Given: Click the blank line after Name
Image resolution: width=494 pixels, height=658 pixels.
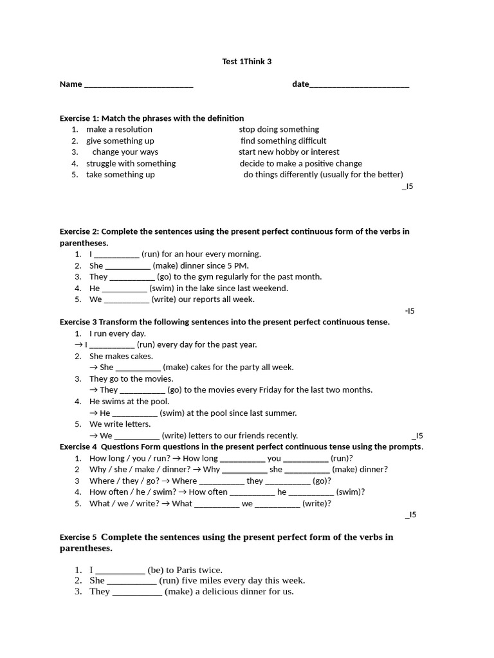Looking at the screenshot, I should [x=138, y=85].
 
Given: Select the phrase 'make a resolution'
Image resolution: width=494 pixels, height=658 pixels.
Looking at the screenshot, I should [x=119, y=129].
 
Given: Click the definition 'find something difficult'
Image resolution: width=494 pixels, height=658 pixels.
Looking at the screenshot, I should [x=284, y=141].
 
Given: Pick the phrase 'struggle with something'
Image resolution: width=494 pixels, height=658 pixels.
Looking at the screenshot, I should [x=131, y=163].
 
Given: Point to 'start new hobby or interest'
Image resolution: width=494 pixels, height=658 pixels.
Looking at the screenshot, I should [x=289, y=152].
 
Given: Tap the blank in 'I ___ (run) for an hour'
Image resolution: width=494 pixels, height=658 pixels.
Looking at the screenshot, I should [x=116, y=254].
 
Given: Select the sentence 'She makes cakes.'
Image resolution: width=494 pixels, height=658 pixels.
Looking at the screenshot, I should [x=121, y=356].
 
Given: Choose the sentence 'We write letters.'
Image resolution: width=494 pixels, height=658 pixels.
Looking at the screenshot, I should [x=120, y=424].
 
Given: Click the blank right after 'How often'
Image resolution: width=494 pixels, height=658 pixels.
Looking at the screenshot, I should [x=252, y=492].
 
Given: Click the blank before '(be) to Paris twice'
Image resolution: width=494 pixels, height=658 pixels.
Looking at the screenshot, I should [x=120, y=571].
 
